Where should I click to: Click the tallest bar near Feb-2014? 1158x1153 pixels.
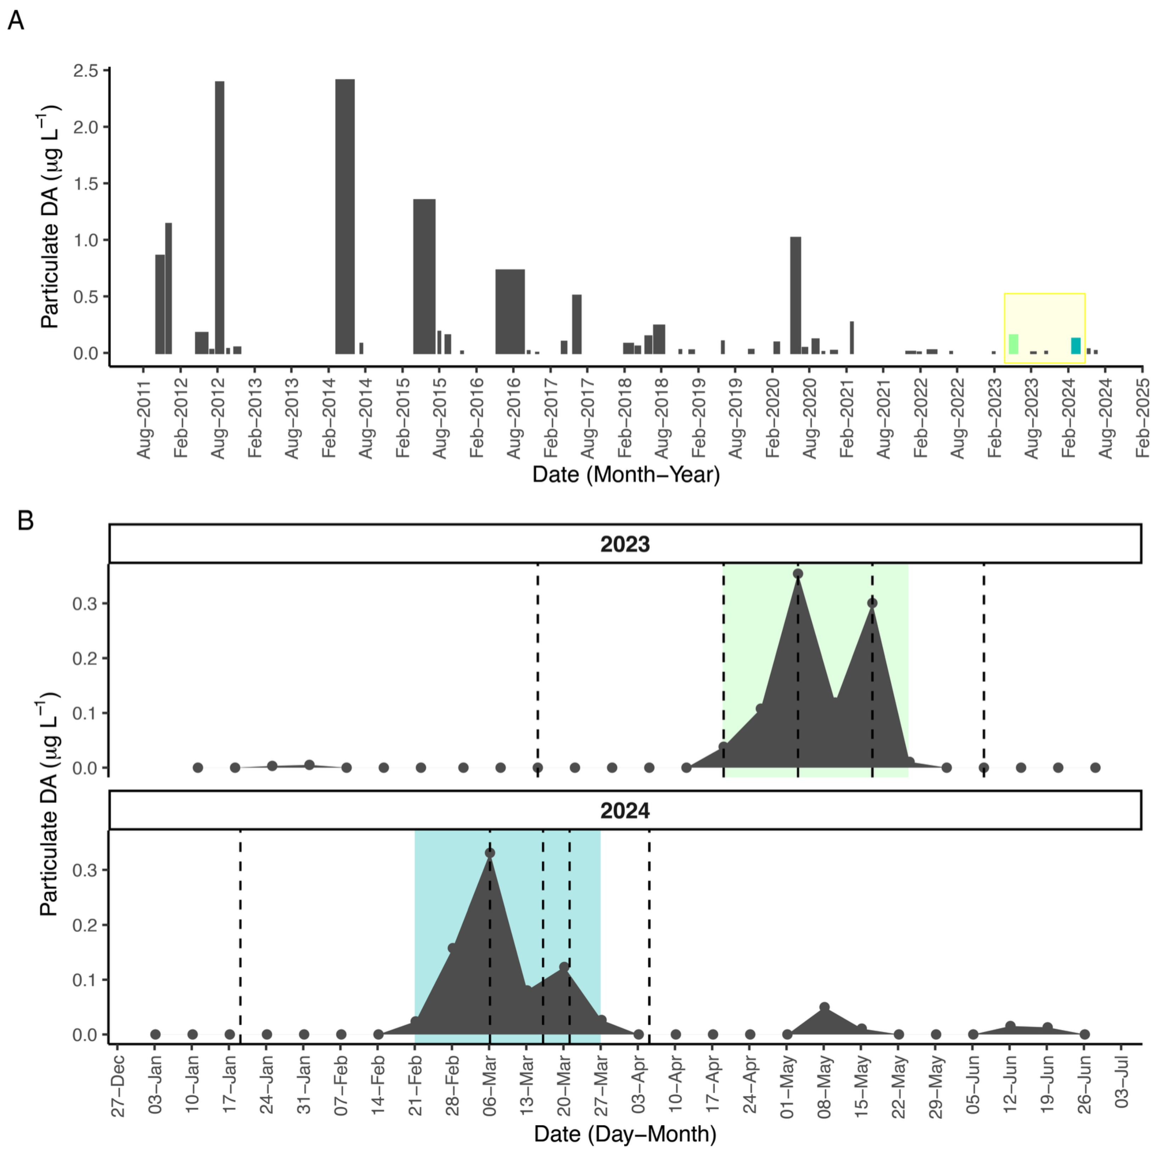coord(345,216)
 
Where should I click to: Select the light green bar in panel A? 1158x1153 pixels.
coord(1013,344)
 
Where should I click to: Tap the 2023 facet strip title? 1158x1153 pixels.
coord(625,544)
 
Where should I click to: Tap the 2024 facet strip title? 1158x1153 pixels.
coord(625,811)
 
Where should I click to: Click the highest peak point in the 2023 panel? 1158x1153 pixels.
coord(798,574)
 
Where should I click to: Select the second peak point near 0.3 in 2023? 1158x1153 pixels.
coord(872,603)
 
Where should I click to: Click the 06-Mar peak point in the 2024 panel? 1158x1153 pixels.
coord(490,853)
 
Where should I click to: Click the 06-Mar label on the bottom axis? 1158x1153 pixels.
coord(490,1085)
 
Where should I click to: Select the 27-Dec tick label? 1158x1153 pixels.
coord(118,1085)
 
